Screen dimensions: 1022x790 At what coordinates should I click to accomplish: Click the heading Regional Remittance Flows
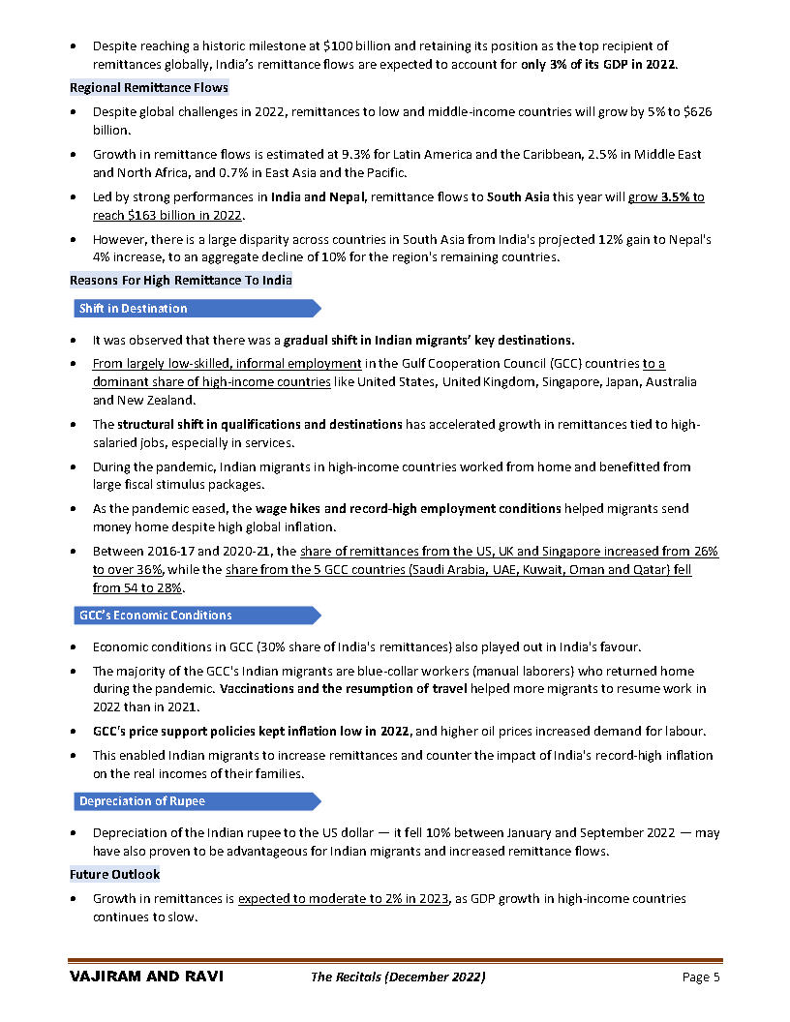148,88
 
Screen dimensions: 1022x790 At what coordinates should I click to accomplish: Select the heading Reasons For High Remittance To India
180,281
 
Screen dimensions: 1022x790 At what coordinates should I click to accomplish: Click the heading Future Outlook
114,875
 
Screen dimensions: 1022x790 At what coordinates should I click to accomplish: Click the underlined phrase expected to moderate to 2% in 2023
344,899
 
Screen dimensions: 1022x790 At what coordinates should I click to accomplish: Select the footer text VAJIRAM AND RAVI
146,977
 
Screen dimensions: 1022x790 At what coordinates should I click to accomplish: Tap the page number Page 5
701,977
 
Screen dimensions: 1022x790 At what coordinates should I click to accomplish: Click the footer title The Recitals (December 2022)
397,977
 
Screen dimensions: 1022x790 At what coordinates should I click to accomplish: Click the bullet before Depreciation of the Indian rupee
75,833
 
